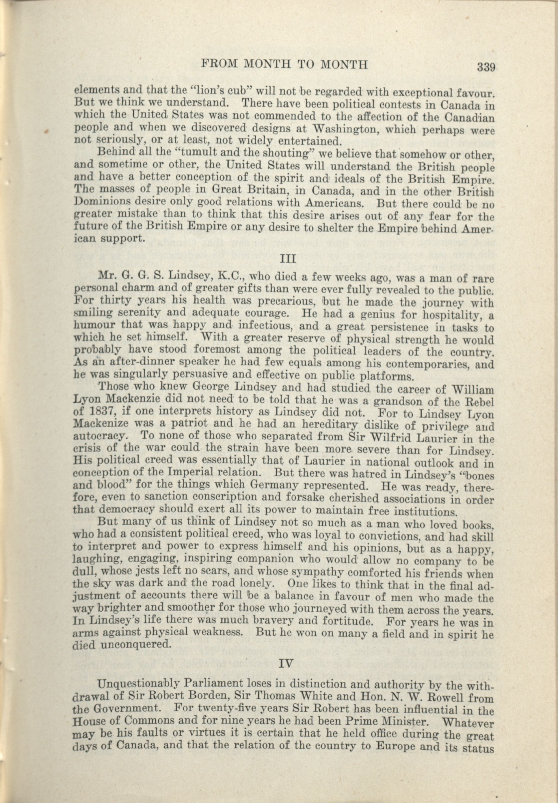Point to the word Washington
(x=346, y=129)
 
